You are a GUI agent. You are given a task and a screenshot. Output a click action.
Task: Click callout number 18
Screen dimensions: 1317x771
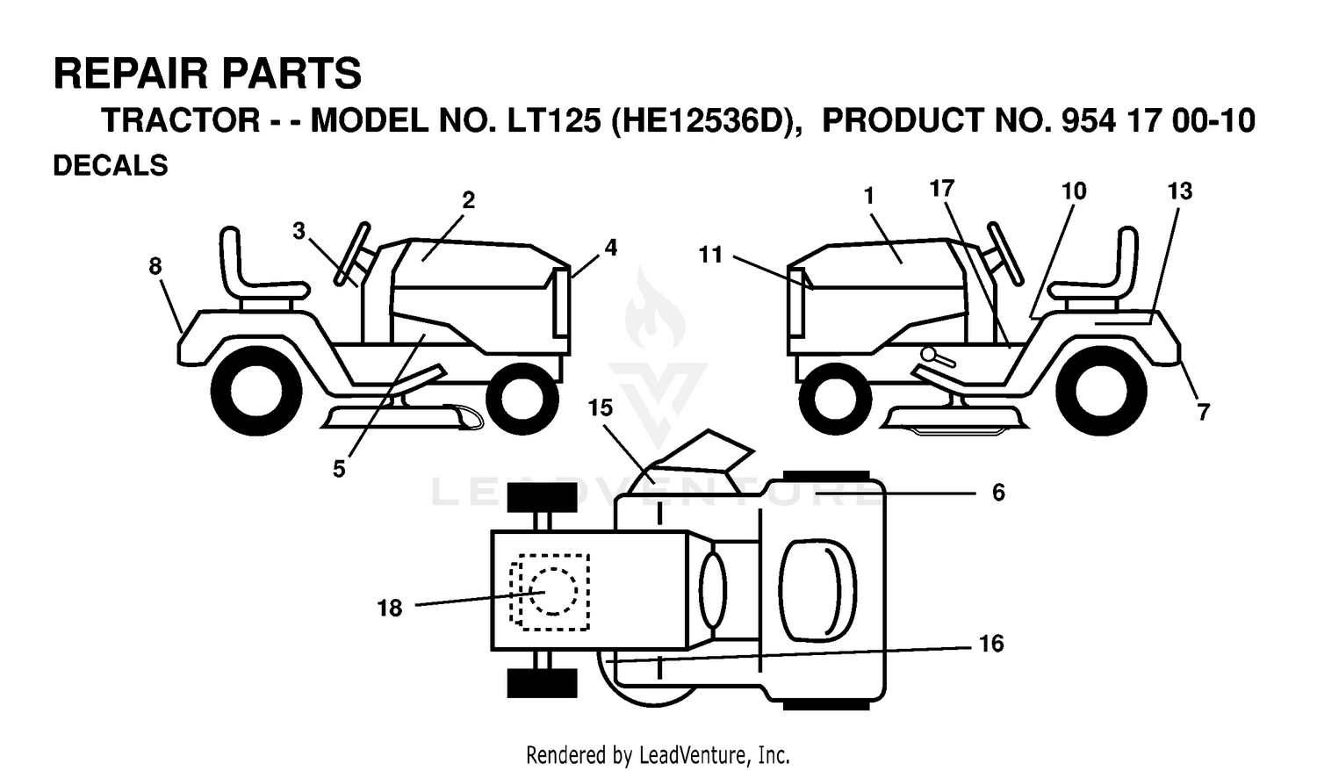pos(389,608)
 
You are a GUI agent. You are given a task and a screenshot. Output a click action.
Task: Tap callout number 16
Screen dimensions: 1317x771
pos(991,644)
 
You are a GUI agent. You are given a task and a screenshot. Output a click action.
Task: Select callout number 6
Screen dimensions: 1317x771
pos(998,493)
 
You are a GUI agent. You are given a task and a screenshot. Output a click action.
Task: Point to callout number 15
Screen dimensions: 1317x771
pos(601,407)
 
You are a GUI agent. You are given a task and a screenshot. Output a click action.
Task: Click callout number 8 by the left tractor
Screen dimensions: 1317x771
pos(155,266)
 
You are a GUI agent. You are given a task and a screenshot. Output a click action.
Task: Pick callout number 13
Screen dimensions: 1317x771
pos(1180,191)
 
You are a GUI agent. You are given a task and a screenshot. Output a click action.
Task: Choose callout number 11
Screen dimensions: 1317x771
pos(710,256)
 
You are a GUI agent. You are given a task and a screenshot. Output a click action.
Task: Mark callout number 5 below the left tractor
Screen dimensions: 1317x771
pos(339,469)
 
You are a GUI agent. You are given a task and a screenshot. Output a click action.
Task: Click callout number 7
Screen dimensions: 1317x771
pos(1204,412)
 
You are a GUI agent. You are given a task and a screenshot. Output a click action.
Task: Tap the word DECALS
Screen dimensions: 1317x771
pos(111,165)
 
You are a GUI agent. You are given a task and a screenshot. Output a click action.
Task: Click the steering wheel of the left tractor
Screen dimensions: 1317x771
pos(352,254)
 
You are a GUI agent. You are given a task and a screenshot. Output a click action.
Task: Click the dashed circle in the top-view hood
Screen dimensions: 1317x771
pos(552,591)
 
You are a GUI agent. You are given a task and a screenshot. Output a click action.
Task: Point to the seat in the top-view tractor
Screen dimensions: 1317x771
pos(817,589)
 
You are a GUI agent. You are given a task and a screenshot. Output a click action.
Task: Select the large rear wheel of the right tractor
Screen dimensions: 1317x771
pos(1101,391)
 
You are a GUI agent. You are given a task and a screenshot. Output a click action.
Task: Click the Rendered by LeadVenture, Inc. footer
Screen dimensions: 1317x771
pos(658,754)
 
